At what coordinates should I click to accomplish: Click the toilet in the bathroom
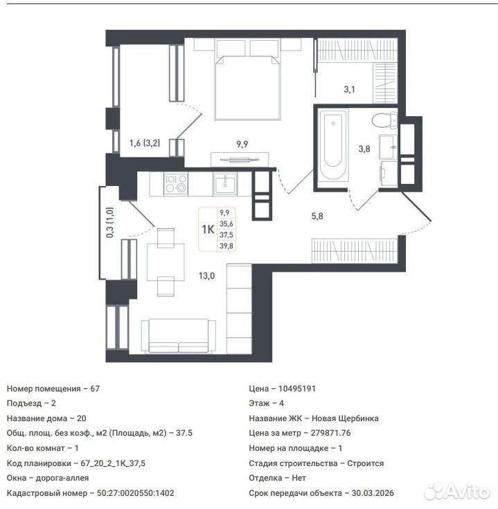(x=384, y=120)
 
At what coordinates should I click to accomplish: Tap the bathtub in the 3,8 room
(x=332, y=145)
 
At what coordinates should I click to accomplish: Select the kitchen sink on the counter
(x=224, y=184)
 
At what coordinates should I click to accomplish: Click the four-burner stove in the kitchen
(x=175, y=184)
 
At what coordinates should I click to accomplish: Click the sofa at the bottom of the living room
(x=179, y=335)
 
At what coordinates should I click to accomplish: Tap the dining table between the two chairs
(x=166, y=262)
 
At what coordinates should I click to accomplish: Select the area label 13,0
(x=206, y=276)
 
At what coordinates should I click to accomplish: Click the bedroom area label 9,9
(x=242, y=144)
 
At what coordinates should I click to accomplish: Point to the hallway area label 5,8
(x=317, y=216)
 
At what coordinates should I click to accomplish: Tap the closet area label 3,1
(x=350, y=89)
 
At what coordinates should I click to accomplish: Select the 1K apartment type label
(x=208, y=230)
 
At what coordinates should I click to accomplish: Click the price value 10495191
(x=297, y=389)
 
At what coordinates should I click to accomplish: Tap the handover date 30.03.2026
(x=373, y=493)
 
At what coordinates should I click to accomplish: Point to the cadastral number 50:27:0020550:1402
(x=136, y=493)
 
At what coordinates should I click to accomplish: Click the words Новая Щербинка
(x=345, y=418)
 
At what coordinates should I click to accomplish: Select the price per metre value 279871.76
(x=330, y=433)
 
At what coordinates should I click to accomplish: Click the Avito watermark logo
(x=457, y=491)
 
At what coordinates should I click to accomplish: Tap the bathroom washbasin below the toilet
(x=388, y=147)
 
